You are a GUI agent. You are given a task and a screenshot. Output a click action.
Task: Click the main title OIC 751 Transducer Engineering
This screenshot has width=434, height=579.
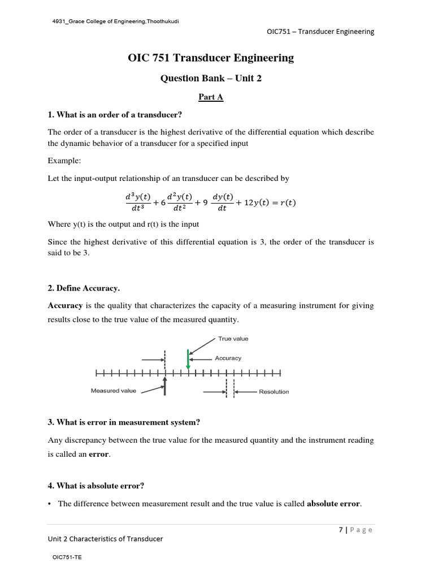tap(211, 58)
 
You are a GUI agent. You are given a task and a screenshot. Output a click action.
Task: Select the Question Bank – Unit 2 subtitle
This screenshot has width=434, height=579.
tap(211, 79)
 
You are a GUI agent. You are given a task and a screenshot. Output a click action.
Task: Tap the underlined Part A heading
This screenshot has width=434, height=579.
tap(211, 97)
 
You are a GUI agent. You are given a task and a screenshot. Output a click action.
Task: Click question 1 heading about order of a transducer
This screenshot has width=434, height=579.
tap(115, 115)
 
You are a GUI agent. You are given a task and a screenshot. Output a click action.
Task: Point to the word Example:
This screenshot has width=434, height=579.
tap(64, 161)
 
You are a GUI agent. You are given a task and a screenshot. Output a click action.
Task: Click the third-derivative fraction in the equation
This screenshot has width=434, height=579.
tap(137, 202)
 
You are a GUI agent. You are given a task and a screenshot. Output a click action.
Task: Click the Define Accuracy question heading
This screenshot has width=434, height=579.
tap(84, 288)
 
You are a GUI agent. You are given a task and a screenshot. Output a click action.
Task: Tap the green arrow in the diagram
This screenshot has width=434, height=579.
tap(188, 360)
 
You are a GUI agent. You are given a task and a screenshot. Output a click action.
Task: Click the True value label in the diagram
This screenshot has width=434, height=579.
tap(233, 339)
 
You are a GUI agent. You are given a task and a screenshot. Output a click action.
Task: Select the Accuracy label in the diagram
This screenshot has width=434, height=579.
tap(228, 358)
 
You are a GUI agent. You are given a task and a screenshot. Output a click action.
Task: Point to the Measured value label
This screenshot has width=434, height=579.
tap(113, 391)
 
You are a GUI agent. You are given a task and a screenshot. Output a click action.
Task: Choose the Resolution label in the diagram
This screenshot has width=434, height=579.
tap(274, 391)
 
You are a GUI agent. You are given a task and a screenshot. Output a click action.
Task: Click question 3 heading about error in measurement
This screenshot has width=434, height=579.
tap(124, 422)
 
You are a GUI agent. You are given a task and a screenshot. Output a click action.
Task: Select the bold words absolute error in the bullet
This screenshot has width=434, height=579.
tap(333, 504)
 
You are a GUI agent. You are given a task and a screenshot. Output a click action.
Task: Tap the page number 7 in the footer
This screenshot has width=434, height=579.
tap(341, 530)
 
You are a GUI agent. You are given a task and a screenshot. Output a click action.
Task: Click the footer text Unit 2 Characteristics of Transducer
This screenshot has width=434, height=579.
tap(105, 539)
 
